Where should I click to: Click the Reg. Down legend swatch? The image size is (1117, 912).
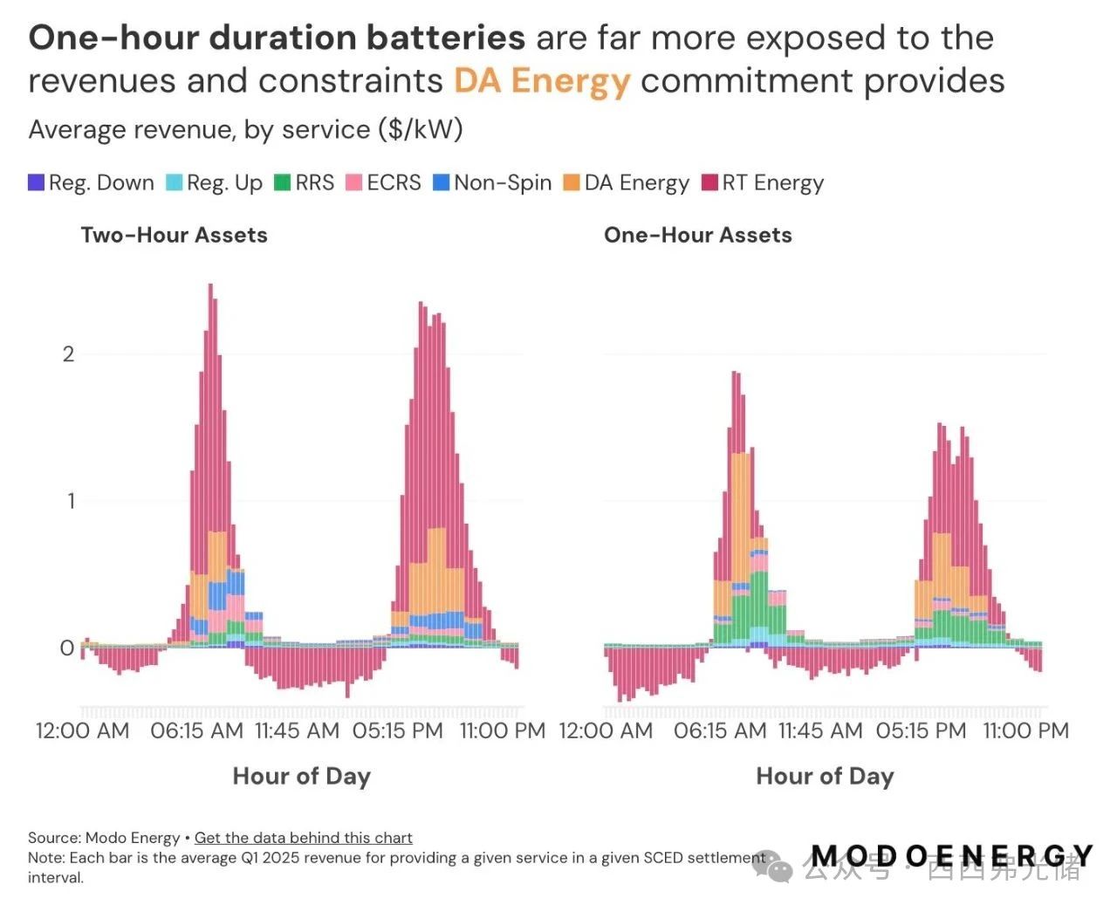point(37,183)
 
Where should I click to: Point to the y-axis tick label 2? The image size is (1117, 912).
point(68,354)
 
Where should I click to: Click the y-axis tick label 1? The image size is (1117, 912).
point(70,501)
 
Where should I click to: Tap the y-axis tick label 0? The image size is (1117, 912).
point(67,648)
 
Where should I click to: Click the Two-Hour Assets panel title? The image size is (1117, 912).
point(174,235)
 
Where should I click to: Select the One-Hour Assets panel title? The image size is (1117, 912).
point(697,235)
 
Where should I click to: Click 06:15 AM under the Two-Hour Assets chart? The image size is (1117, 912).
point(196,730)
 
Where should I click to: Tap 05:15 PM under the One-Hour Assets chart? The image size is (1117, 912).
point(921,730)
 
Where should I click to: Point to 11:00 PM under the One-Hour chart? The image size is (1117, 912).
point(1025,730)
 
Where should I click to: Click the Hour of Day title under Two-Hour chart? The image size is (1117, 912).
point(301,776)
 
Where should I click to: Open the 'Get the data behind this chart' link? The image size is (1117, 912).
point(303,838)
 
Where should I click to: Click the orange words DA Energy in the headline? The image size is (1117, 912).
point(541,81)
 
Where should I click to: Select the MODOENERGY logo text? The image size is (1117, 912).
point(951,856)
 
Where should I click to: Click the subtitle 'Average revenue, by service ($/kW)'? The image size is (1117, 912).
point(245,130)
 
